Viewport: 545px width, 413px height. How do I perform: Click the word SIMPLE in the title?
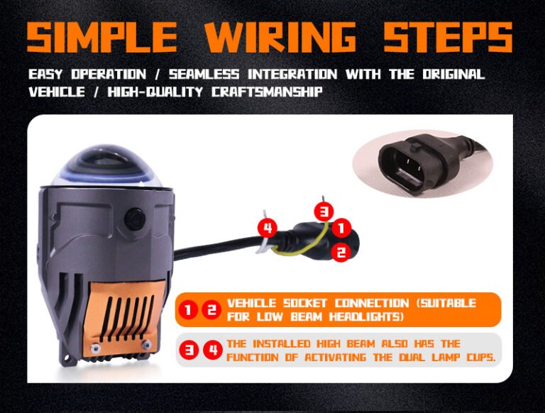[102, 36]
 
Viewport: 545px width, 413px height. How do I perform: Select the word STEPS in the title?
[448, 36]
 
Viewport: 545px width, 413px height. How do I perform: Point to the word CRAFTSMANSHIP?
[267, 92]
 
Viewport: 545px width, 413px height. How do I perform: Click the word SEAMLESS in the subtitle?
[204, 74]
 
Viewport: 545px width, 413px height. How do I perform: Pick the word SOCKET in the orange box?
[305, 303]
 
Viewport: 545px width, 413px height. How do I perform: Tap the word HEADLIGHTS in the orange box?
[366, 317]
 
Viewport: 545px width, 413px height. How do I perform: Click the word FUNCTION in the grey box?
[253, 358]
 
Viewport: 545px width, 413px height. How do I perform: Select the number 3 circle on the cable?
[324, 211]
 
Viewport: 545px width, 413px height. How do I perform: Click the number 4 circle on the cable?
[268, 228]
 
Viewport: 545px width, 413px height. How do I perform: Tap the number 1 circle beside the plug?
[341, 228]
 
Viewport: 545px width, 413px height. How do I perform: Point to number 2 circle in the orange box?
[211, 309]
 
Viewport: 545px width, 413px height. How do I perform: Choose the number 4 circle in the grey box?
[213, 350]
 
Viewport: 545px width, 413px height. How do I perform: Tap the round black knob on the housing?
[135, 219]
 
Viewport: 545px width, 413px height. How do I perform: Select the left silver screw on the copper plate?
[94, 347]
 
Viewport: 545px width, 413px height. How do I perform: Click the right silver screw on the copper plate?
[146, 344]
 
